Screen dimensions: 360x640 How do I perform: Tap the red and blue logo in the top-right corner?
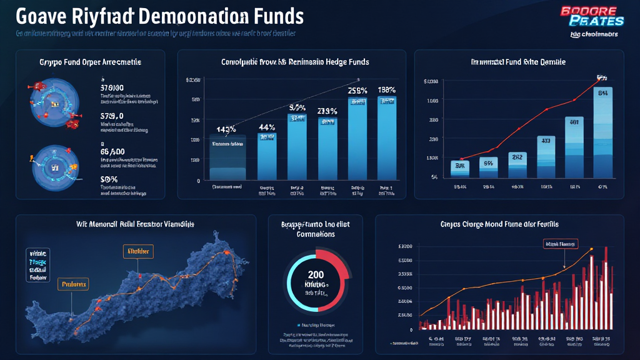[x=589, y=17]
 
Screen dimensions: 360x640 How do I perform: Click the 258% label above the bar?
[x=357, y=91]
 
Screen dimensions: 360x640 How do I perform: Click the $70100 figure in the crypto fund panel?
[x=112, y=88]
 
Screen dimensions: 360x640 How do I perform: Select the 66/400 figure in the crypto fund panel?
[x=113, y=151]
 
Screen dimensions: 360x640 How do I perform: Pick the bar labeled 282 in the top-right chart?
[x=517, y=166]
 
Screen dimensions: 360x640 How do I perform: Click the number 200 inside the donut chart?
[x=316, y=274]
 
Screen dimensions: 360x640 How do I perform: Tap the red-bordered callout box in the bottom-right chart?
[x=561, y=244]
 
